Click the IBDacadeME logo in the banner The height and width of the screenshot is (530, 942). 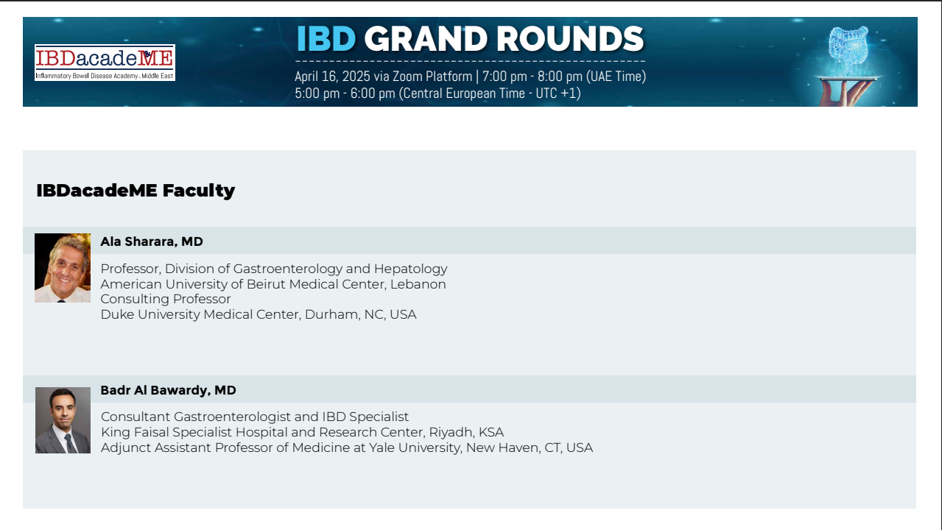coord(105,63)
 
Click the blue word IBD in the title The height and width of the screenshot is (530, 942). coord(326,39)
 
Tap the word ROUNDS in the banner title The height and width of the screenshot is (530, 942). coord(570,39)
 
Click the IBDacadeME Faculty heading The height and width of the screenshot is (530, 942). coord(136,191)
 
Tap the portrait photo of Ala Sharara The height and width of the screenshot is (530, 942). coord(63,268)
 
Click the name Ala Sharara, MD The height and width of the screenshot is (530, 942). coord(152,241)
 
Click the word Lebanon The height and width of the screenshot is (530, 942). coord(418,284)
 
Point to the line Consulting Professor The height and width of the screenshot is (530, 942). coord(165,300)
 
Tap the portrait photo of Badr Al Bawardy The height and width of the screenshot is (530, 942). coord(63,420)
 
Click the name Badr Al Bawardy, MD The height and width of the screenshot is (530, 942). coord(168,390)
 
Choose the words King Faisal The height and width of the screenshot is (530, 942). coord(135,432)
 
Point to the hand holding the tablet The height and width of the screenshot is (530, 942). coord(846,93)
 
